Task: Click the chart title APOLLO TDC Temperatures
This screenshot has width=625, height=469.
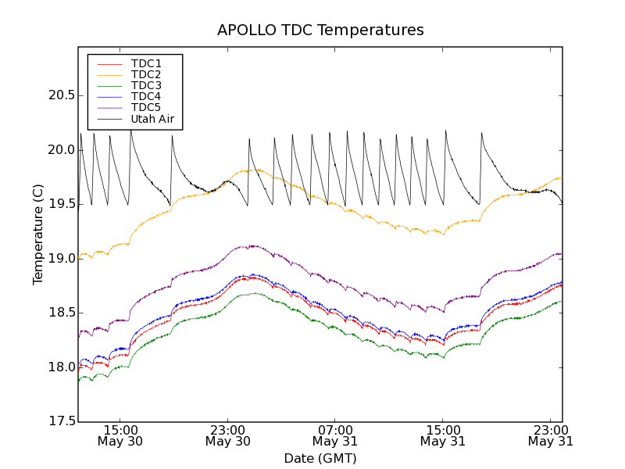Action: click(320, 30)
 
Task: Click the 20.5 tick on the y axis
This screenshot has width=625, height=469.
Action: click(61, 95)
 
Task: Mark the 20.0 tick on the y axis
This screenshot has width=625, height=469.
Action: click(61, 150)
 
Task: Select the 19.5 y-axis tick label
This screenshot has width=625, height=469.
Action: click(61, 204)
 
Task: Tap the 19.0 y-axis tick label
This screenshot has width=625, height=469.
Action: click(61, 259)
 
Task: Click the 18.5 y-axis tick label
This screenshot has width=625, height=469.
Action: click(61, 313)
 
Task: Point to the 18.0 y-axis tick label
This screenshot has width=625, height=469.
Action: click(61, 367)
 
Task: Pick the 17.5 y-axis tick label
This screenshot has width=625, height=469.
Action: click(61, 421)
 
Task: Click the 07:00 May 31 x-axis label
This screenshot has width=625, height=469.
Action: click(335, 435)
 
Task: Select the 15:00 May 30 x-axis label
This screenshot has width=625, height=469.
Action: click(120, 435)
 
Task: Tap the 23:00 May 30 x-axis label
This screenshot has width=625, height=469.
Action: click(228, 435)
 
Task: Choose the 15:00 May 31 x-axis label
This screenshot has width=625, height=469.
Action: click(443, 435)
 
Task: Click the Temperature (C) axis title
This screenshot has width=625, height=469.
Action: click(38, 234)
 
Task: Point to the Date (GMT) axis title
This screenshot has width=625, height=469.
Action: click(320, 458)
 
